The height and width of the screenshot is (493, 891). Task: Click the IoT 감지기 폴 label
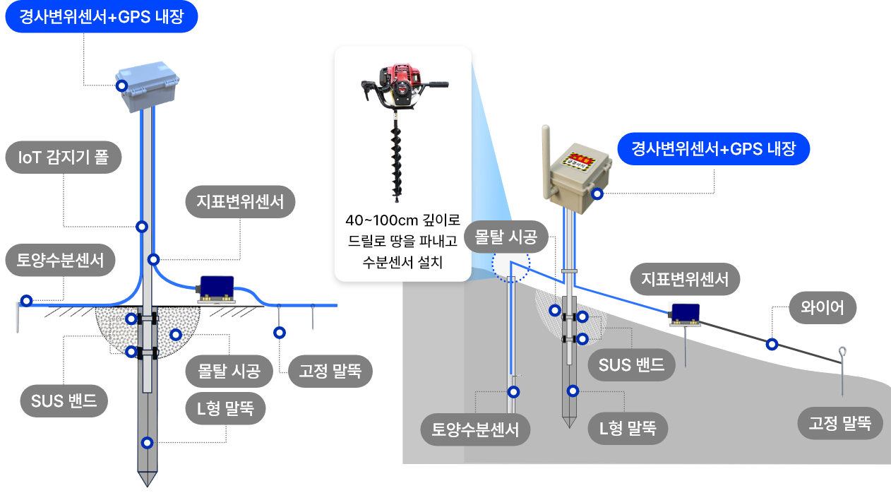click(x=63, y=159)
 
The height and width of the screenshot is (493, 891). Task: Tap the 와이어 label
click(x=823, y=308)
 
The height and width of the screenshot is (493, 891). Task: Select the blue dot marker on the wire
click(x=772, y=345)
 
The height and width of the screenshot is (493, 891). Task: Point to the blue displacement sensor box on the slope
click(x=685, y=313)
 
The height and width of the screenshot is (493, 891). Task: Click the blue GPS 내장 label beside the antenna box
click(x=713, y=149)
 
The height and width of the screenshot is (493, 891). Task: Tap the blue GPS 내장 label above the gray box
click(x=101, y=17)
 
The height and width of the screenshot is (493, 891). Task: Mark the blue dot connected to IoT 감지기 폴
click(x=142, y=227)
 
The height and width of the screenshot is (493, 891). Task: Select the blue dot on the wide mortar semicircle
click(x=175, y=334)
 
